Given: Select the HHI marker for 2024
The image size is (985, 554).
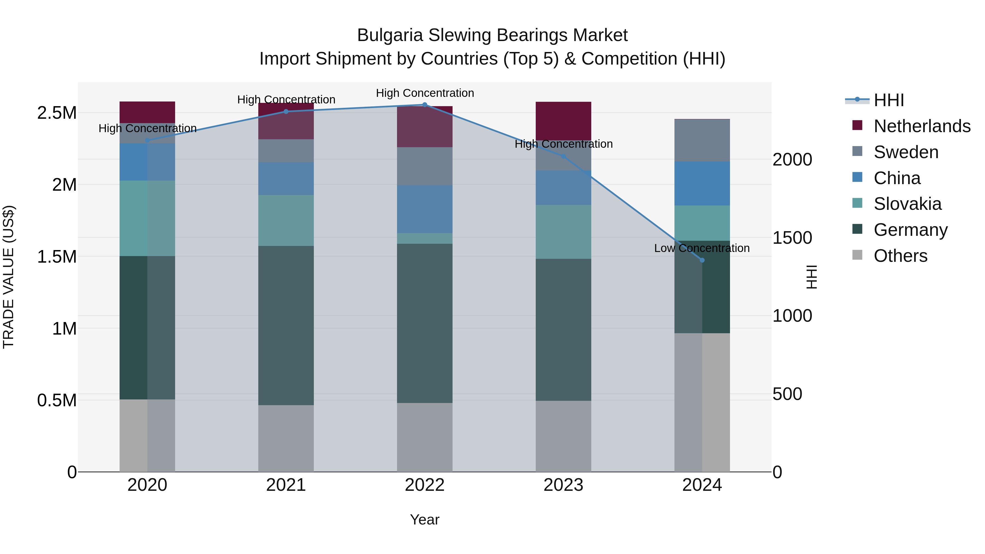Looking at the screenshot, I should point(702,260).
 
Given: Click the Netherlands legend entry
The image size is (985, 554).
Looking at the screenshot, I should point(922,126).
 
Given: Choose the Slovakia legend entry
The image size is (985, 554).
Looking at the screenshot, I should point(907,204).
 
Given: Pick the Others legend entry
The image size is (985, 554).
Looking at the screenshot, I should point(900,256).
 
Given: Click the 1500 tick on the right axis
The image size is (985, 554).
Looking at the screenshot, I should point(792,238).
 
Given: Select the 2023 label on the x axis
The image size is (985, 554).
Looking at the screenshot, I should point(563,485).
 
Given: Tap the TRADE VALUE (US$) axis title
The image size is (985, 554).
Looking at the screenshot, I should point(8,277).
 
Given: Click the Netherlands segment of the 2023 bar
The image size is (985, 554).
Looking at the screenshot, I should point(563,120).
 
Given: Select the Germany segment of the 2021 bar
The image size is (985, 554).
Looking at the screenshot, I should point(286,325).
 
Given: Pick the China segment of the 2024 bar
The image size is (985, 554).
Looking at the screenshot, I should point(702,184).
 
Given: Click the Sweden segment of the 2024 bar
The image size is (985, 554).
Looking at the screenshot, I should point(702,140).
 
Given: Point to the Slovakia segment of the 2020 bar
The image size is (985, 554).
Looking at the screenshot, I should point(147,218).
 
